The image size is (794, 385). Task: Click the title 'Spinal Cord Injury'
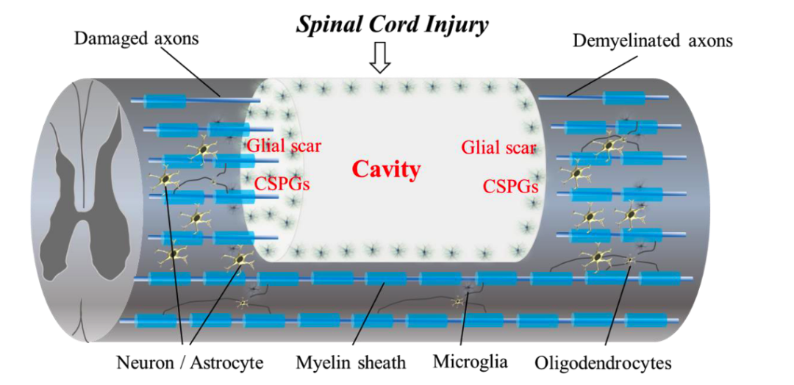point(392,24)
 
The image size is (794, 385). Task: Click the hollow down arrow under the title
point(379,58)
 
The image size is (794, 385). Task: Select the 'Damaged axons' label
point(136,38)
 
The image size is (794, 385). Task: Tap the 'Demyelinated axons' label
point(653,40)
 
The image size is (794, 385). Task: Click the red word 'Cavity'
point(386,170)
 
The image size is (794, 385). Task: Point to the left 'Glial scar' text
point(284,145)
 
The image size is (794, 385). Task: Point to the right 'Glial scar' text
point(498,147)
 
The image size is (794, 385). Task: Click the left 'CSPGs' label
point(282,183)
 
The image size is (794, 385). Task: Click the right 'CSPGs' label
point(511,186)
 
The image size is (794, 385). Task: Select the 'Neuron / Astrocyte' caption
point(190,362)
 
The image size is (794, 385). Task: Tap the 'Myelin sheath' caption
point(351,362)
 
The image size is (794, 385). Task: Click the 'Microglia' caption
point(470,361)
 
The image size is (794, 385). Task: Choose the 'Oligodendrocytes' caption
point(604,362)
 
